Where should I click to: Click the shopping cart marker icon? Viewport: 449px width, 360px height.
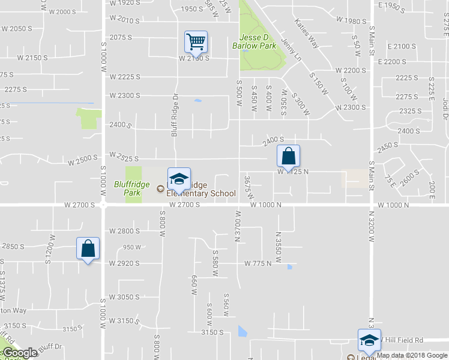[196, 43]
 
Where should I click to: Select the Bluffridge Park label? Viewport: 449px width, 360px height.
[127, 188]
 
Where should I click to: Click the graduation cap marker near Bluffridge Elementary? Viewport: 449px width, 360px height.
[178, 179]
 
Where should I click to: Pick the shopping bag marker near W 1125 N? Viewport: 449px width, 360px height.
[288, 156]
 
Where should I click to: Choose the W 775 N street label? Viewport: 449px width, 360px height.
[259, 263]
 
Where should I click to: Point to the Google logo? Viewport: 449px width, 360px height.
[19, 353]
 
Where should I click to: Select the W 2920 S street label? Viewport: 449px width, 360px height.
[124, 263]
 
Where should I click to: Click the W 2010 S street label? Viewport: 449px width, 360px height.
[125, 20]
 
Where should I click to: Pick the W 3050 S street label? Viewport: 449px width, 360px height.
[124, 298]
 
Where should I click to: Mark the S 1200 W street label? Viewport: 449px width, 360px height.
[49, 254]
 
